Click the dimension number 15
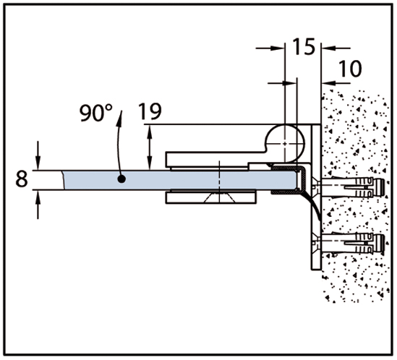[x=304, y=46]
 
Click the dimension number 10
[x=350, y=69]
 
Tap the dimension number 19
[x=150, y=111]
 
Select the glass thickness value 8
[x=22, y=179]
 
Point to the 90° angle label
[x=96, y=113]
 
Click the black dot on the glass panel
[x=121, y=179]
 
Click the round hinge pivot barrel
[x=285, y=143]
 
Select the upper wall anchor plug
[x=353, y=187]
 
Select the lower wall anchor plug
[x=353, y=244]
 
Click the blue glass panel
[x=179, y=180]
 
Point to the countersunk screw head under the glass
[x=220, y=197]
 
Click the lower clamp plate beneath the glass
[x=210, y=197]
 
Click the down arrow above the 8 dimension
[x=38, y=155]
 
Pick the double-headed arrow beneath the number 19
[x=150, y=147]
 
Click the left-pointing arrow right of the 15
[x=336, y=48]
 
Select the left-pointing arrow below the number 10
[x=336, y=82]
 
